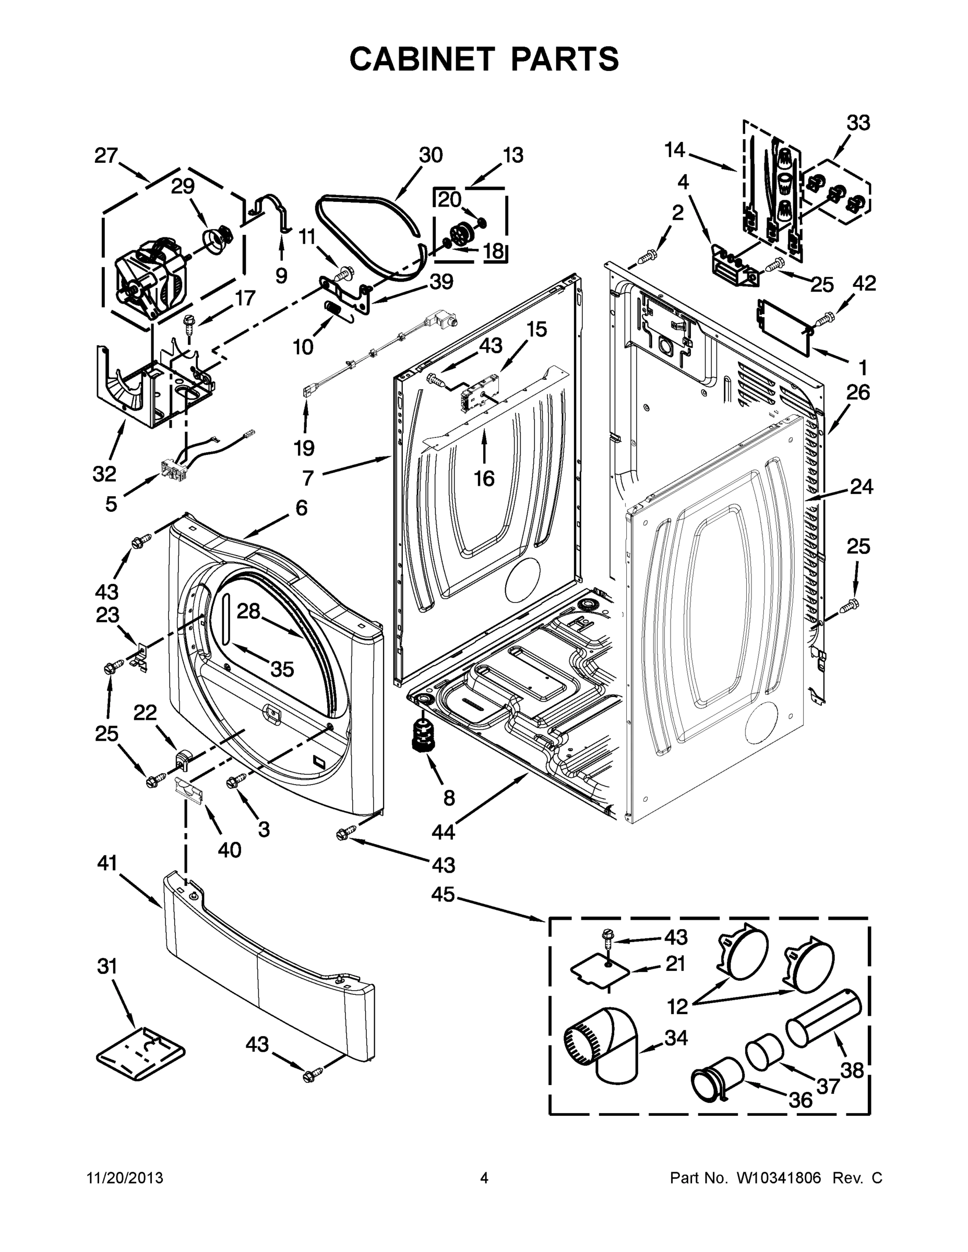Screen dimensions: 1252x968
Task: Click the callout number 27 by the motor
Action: pyautogui.click(x=106, y=155)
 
